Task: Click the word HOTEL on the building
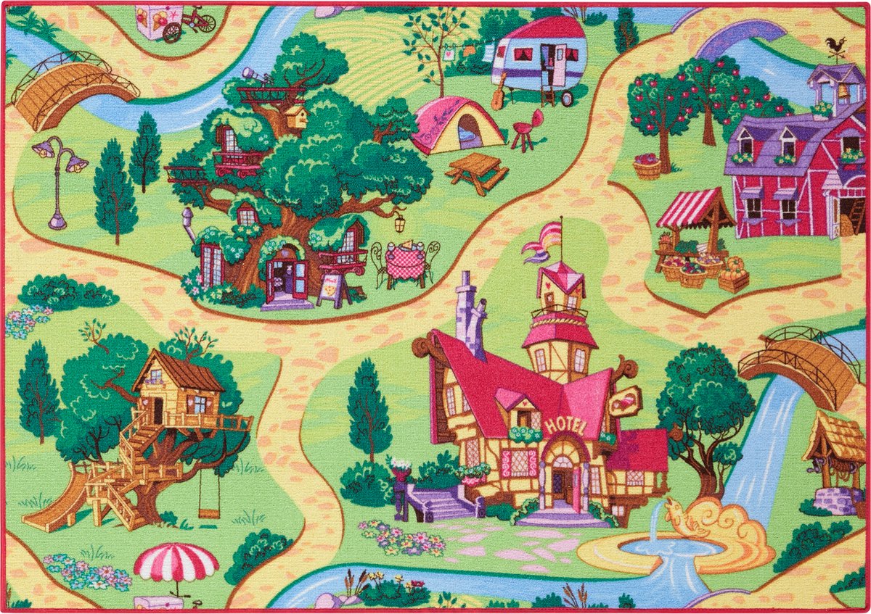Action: (565, 425)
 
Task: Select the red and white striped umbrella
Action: (176, 563)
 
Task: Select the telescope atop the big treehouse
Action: (254, 75)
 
